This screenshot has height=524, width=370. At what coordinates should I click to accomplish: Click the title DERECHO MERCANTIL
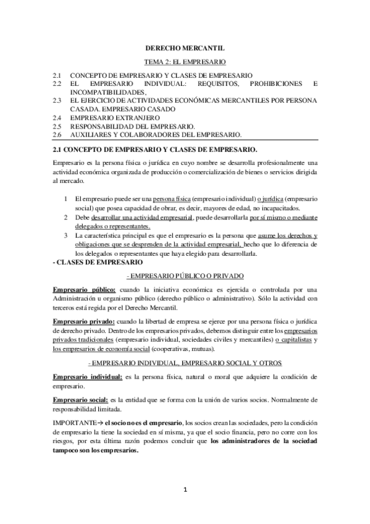point(185,47)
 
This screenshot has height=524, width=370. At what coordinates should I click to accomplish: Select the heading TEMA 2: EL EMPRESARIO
point(185,62)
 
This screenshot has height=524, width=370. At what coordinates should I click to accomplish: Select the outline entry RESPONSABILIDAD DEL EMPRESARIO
point(124,125)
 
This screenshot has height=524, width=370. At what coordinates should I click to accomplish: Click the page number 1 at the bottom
point(185,490)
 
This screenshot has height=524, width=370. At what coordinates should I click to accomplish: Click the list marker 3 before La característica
point(65,235)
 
